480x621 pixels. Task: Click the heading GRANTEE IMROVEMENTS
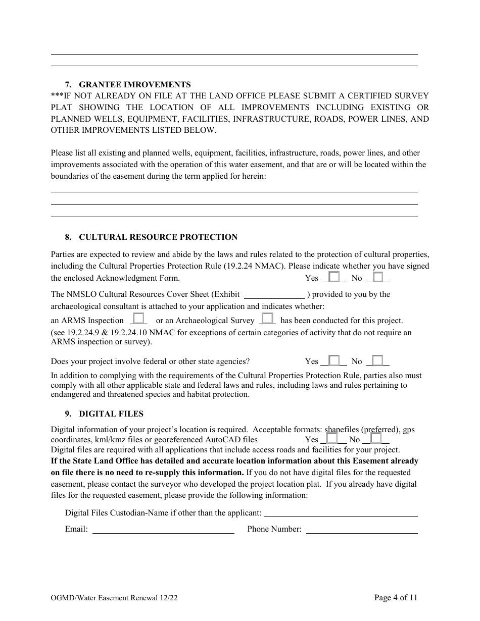pos(135,84)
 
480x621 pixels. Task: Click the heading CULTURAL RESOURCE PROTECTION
pos(158,237)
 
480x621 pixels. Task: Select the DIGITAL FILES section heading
pos(111,413)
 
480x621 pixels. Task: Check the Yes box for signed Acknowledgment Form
pos(333,277)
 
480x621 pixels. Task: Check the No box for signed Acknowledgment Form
pos(377,277)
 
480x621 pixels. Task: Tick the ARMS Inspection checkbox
pos(139,319)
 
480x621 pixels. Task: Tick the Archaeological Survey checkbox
pos(267,319)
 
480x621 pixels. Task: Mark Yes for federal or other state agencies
pos(333,360)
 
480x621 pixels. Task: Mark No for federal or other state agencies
pos(377,360)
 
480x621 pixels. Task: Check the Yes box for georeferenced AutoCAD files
pos(331,438)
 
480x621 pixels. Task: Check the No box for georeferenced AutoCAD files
pos(375,438)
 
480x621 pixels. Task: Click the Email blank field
pos(163,529)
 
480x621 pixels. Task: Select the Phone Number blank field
pos(362,529)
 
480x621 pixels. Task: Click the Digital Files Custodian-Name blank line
pos(341,513)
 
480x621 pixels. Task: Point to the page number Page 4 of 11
pos(396,598)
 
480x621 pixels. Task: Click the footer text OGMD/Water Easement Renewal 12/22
pos(114,598)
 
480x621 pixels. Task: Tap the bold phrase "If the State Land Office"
pos(95,460)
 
